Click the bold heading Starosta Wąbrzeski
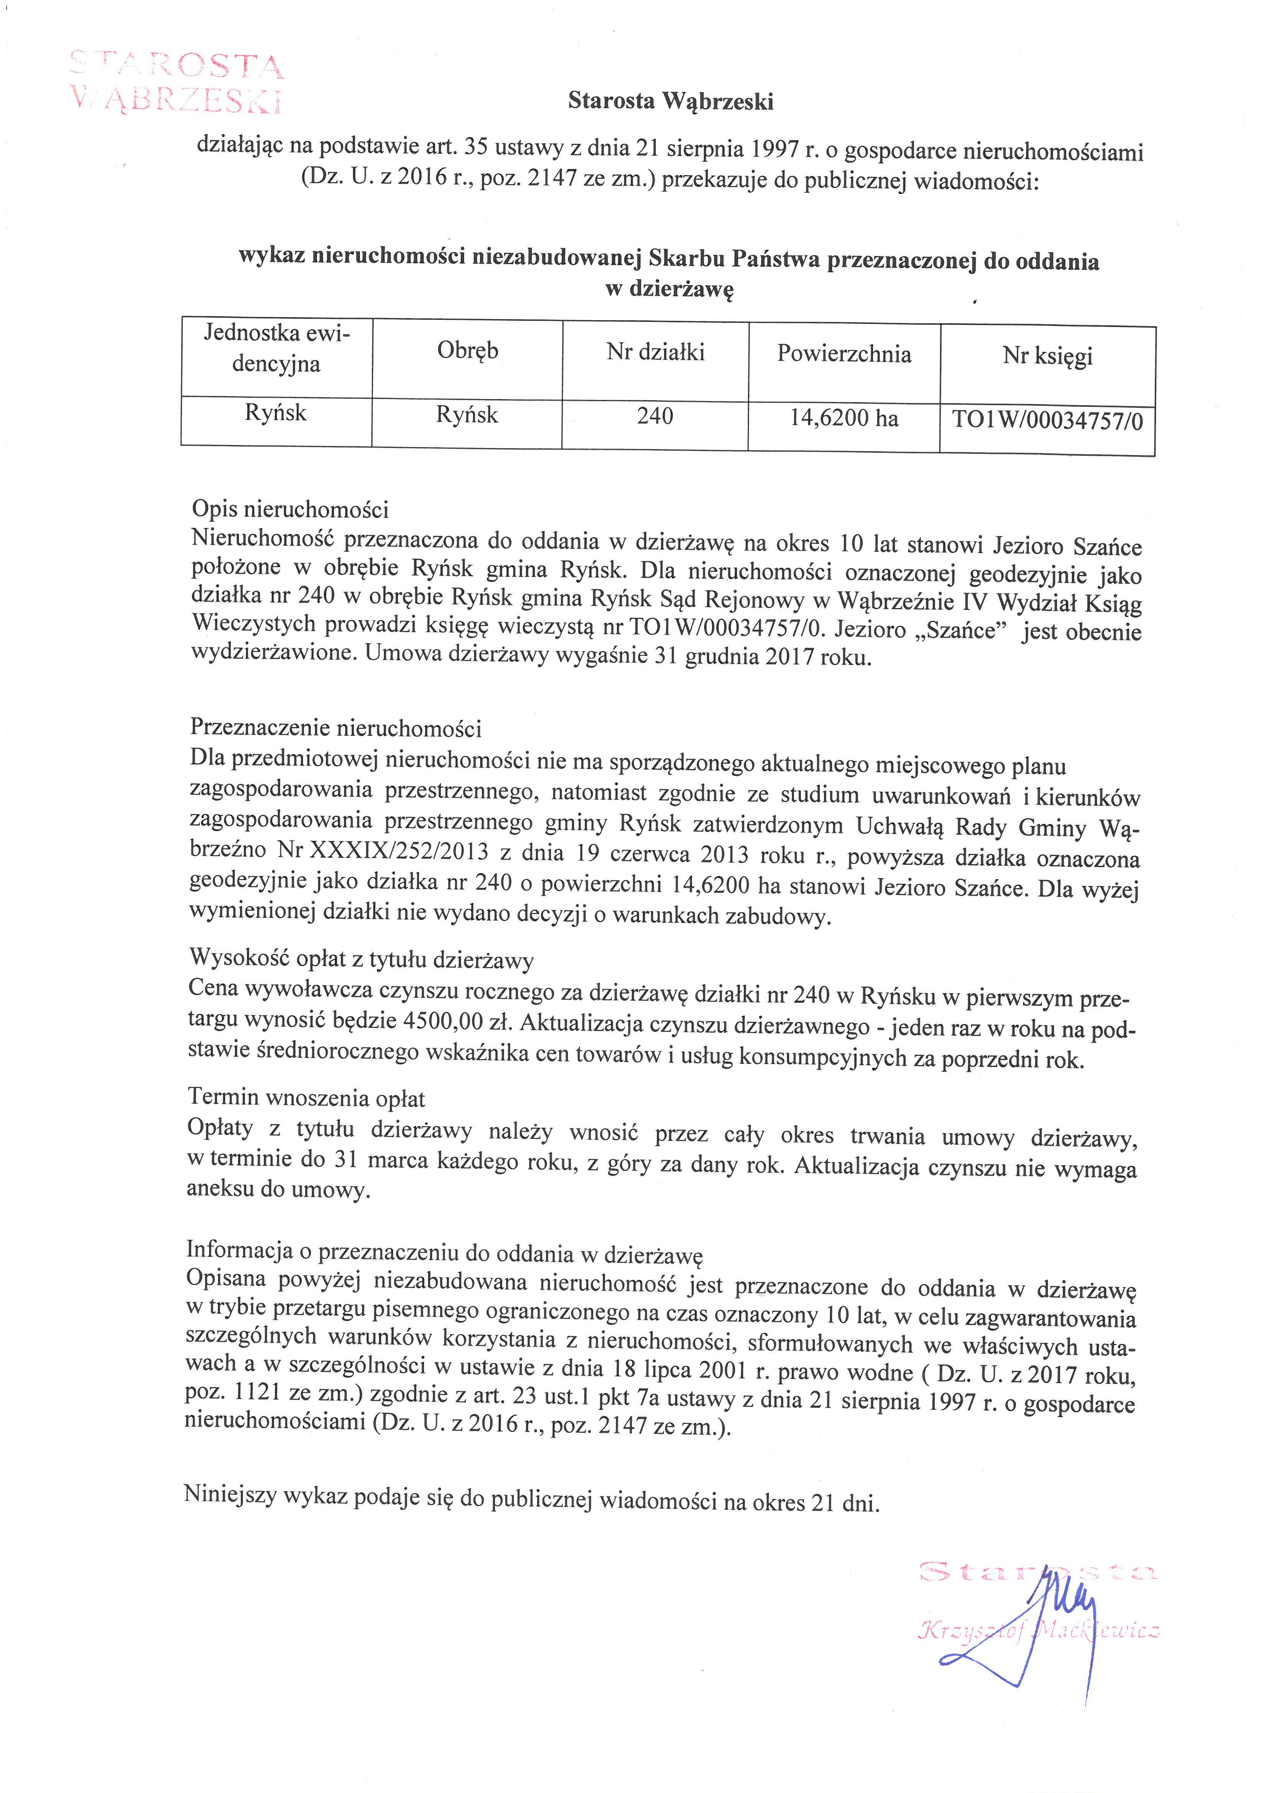click(671, 101)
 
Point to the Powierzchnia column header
click(844, 355)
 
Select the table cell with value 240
click(655, 416)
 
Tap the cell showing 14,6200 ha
click(844, 419)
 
